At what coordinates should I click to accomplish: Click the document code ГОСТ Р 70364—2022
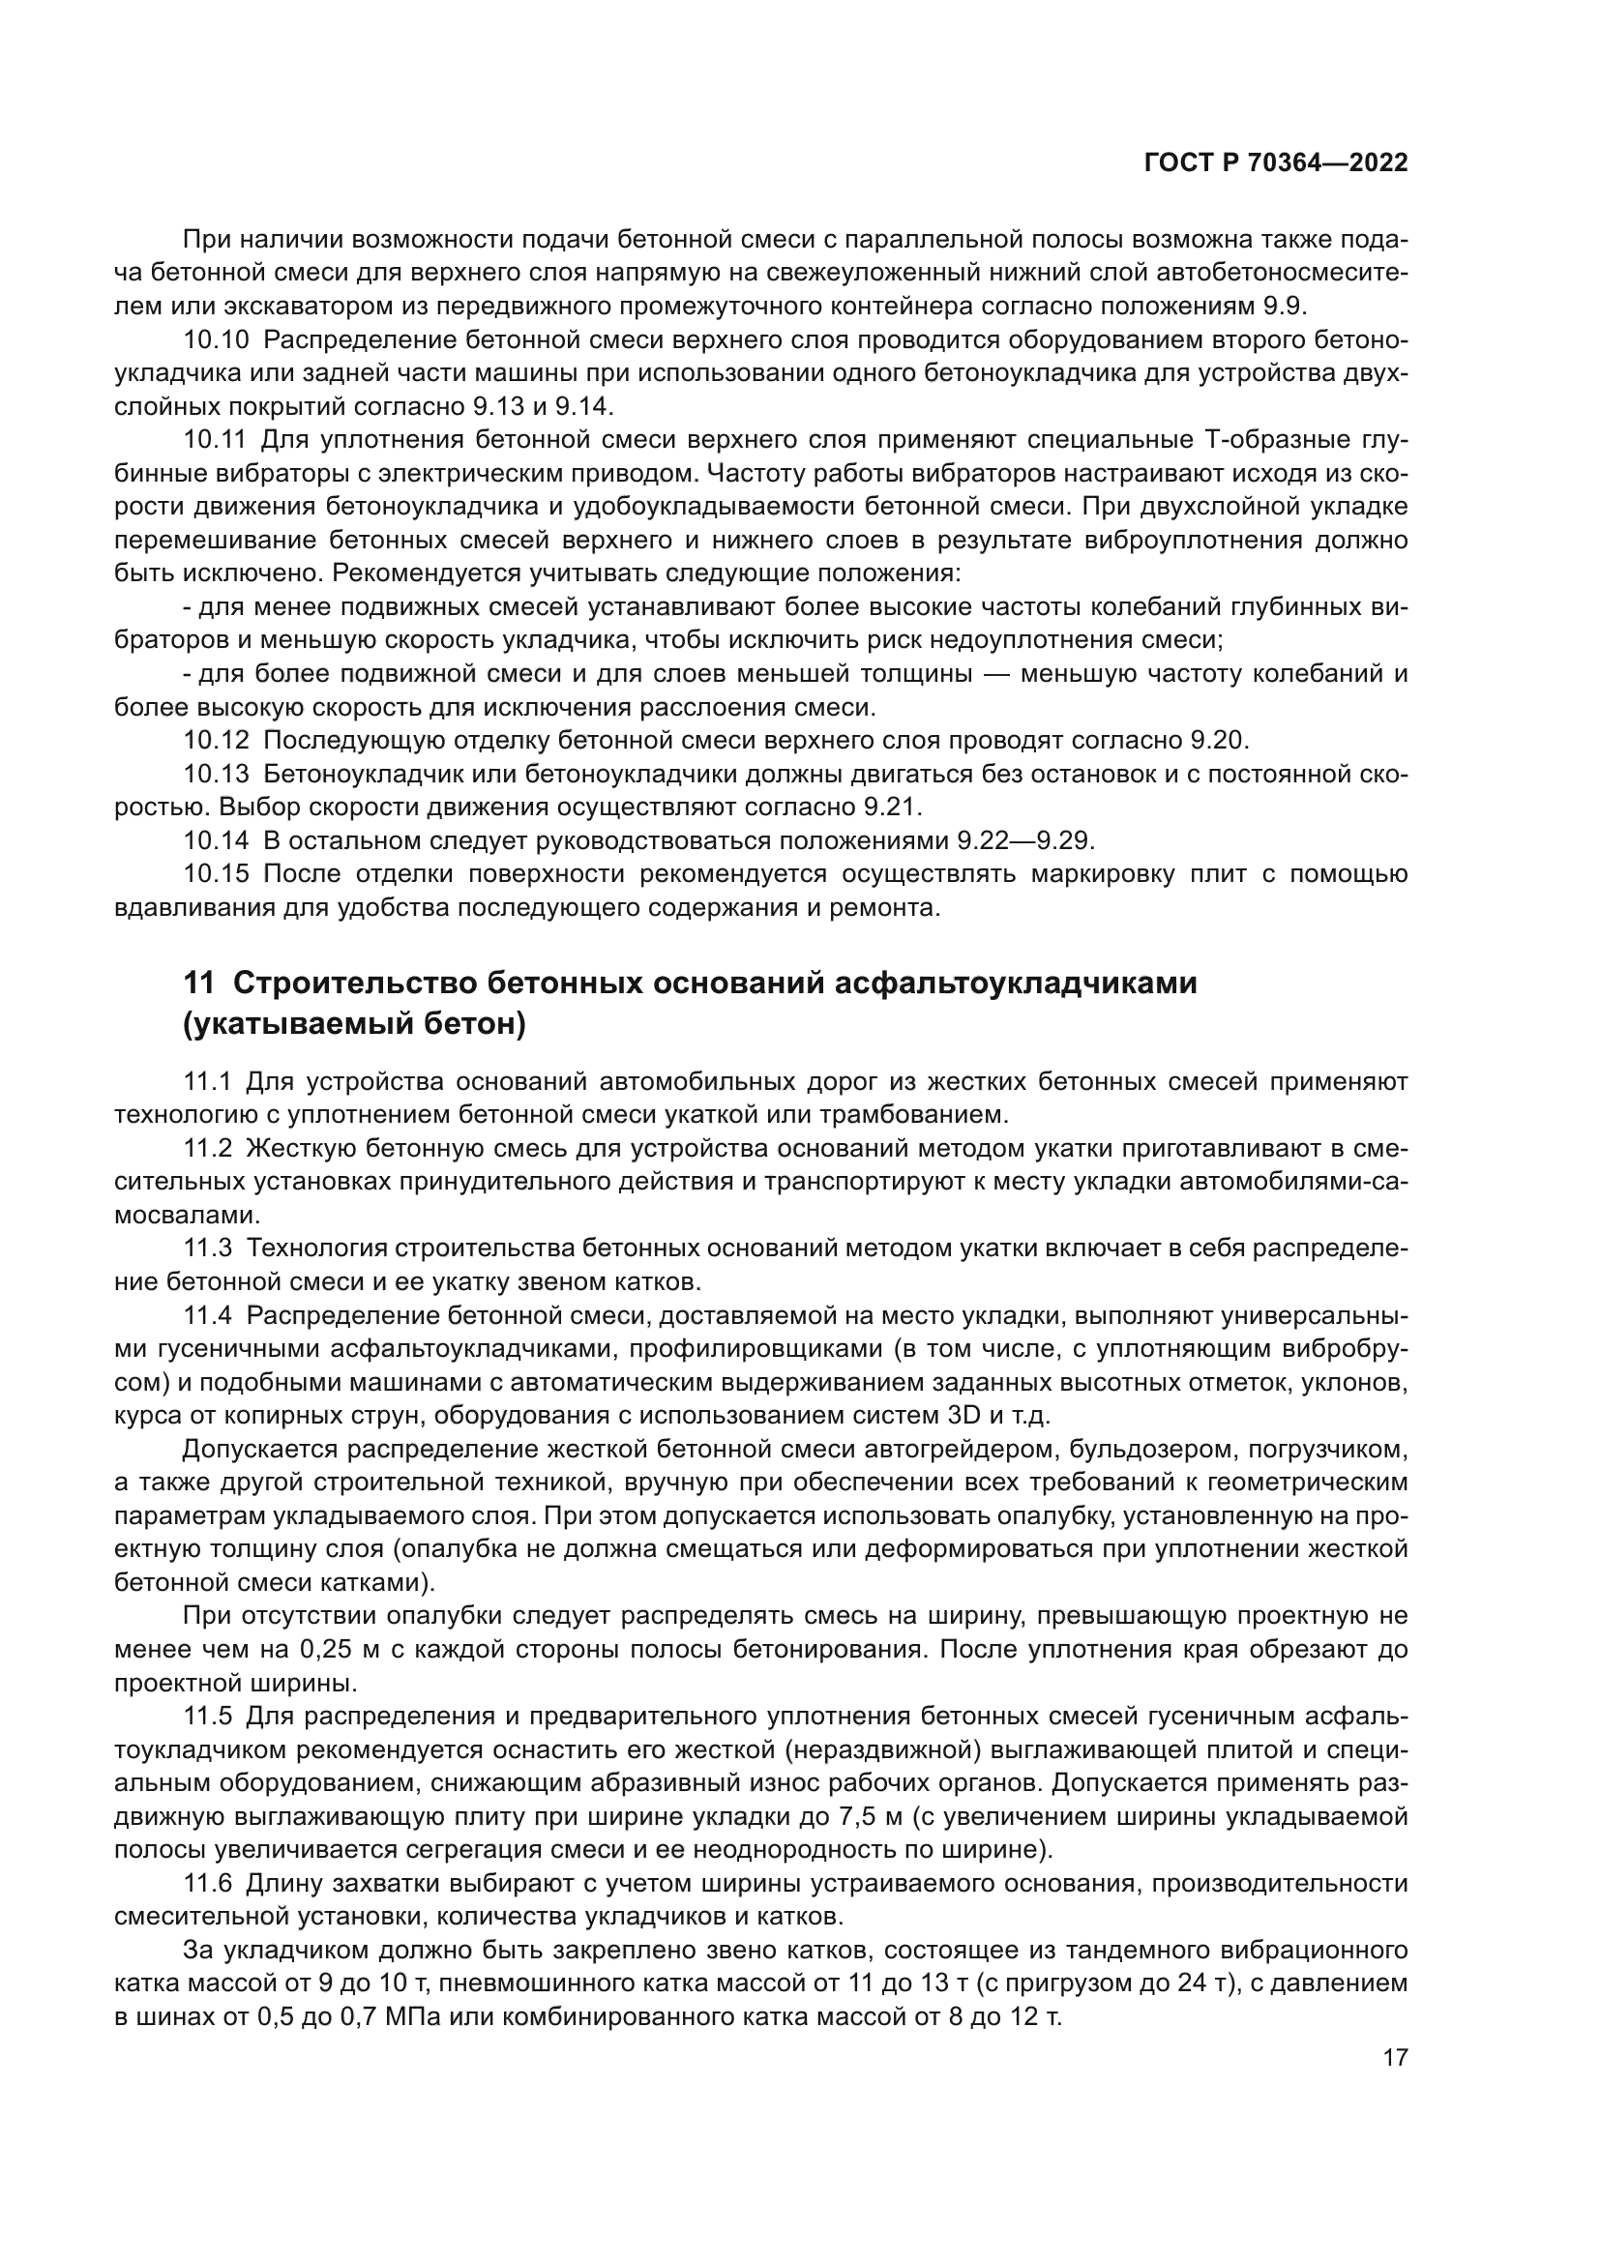(1276, 163)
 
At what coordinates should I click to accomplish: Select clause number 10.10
(216, 340)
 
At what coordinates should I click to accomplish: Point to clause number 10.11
(216, 441)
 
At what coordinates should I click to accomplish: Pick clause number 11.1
(207, 1083)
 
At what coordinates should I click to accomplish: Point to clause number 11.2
(207, 1149)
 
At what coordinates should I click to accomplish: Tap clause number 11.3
(207, 1249)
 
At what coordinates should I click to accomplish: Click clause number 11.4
(207, 1316)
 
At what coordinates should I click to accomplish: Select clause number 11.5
(207, 1717)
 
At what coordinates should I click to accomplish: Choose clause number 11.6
(207, 1884)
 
